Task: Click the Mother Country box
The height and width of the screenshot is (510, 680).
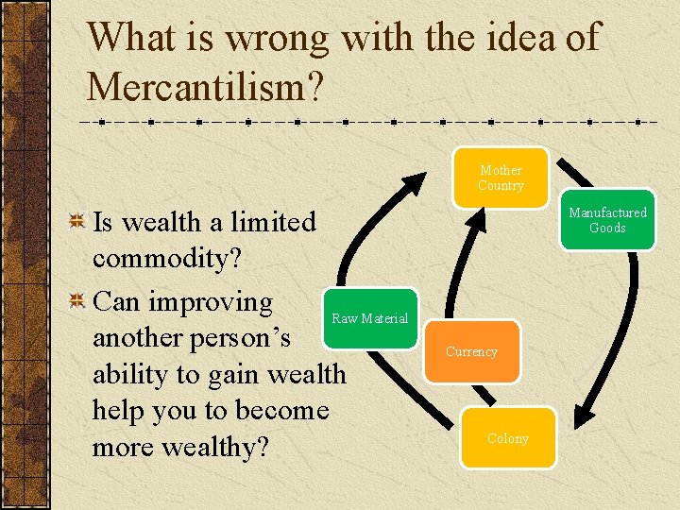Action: pyautogui.click(x=501, y=178)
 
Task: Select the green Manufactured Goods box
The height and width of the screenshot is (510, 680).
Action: pyautogui.click(x=607, y=220)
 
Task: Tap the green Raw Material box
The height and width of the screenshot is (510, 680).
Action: pyautogui.click(x=369, y=318)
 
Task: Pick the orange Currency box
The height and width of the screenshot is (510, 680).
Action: pyautogui.click(x=471, y=351)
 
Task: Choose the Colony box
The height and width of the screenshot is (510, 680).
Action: pyautogui.click(x=508, y=438)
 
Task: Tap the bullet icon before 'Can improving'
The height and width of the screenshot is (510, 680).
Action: pyautogui.click(x=79, y=301)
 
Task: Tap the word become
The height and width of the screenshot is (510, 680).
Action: pyautogui.click(x=282, y=411)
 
